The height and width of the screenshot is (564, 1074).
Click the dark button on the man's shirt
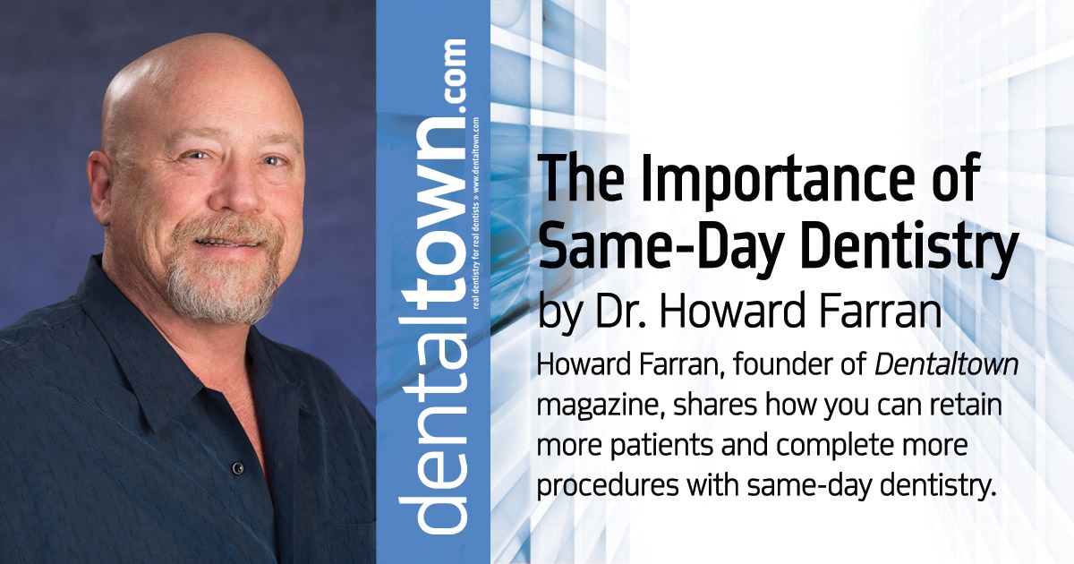point(238,467)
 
